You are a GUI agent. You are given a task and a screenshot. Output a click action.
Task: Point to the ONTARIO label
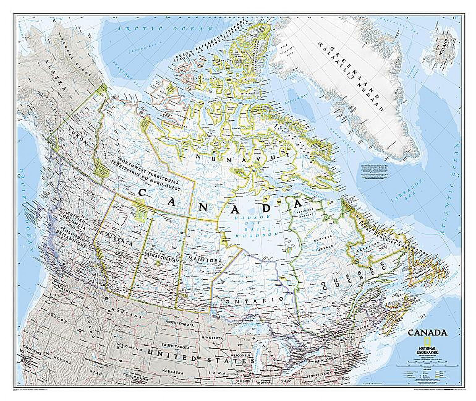(254, 300)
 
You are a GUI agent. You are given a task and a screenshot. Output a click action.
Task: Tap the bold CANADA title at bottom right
(427, 333)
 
